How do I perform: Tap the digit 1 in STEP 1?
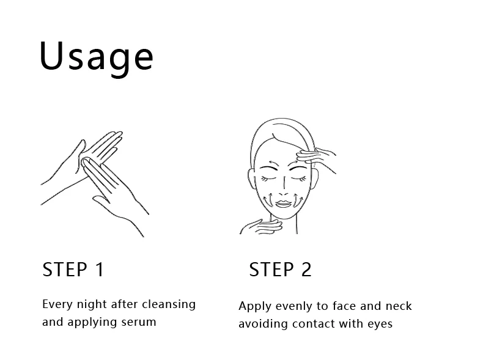pyautogui.click(x=100, y=270)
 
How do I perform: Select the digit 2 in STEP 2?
pyautogui.click(x=306, y=270)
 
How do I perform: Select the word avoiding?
pyautogui.click(x=263, y=324)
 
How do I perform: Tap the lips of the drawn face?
pyautogui.click(x=284, y=204)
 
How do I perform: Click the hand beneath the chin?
pyautogui.click(x=261, y=227)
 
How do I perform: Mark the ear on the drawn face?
pyautogui.click(x=251, y=178)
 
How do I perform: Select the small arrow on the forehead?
pyautogui.click(x=273, y=163)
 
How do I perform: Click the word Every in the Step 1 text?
pyautogui.click(x=57, y=305)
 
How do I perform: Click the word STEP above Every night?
pyautogui.click(x=65, y=270)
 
